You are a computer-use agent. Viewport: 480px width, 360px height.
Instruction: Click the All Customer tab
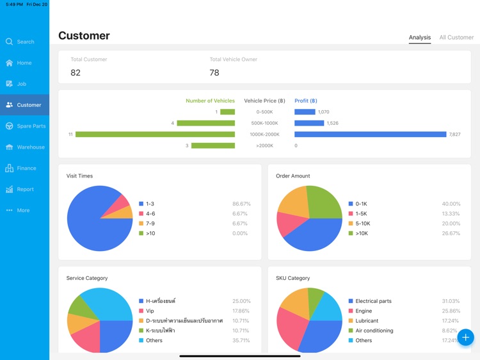click(x=456, y=38)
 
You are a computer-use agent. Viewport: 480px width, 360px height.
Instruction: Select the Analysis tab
click(x=420, y=38)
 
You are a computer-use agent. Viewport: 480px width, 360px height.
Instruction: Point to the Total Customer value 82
click(x=76, y=73)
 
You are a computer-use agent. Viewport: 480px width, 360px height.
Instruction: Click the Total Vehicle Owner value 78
click(x=214, y=73)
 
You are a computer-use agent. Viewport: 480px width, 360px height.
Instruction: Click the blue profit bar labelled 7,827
click(x=370, y=135)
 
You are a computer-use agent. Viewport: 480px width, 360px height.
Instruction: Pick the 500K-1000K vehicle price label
click(x=264, y=123)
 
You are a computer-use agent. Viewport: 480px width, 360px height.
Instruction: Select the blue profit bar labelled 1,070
click(x=305, y=112)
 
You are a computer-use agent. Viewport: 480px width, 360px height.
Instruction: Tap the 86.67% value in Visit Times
click(x=241, y=204)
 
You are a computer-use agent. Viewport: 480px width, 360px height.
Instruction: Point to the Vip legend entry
click(x=149, y=311)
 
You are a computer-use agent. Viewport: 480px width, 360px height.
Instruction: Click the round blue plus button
click(x=465, y=337)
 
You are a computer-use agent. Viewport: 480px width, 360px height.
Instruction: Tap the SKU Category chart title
click(x=292, y=278)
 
